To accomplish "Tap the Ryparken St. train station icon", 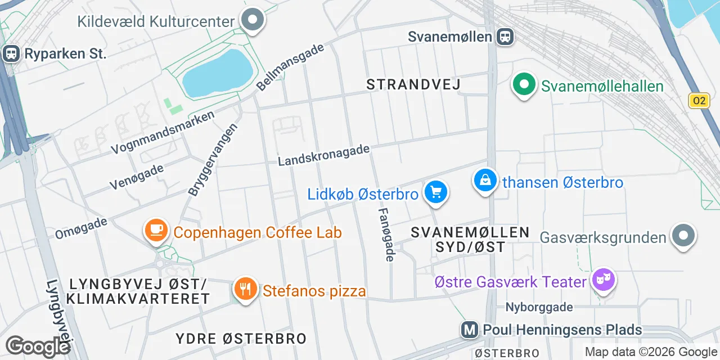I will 11,54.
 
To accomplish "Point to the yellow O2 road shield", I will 699,101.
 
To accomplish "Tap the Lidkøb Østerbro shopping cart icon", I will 435,192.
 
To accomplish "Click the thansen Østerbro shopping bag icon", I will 485,181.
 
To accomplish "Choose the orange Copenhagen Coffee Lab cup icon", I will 156,230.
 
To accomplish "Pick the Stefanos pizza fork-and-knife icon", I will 245,289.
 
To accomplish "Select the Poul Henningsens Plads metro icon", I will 469,330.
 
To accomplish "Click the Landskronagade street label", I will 324,155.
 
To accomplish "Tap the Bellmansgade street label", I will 290,66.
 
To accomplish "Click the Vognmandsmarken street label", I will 163,133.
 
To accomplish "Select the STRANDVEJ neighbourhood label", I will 413,84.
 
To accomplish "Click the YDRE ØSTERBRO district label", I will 241,339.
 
